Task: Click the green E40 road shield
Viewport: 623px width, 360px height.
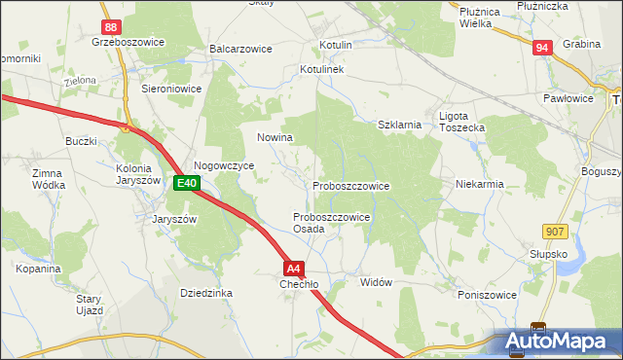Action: click(187, 183)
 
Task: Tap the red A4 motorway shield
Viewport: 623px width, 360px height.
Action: click(294, 269)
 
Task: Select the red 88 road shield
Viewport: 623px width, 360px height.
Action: click(112, 28)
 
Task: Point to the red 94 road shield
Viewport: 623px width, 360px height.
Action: click(542, 47)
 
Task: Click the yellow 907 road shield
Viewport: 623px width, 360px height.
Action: click(556, 230)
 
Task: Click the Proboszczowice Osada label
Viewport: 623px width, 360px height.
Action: click(331, 223)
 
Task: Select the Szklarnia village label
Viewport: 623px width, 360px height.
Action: click(399, 125)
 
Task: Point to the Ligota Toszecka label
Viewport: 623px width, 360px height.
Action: click(461, 122)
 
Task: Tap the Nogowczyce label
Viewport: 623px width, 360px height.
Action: click(224, 166)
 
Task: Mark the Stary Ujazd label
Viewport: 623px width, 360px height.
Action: click(90, 305)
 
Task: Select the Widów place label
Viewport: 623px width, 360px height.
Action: click(376, 282)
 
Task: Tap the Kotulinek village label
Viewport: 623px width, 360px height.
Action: click(322, 70)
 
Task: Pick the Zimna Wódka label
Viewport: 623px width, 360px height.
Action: click(48, 179)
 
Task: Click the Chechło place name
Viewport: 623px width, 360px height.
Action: click(299, 285)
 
